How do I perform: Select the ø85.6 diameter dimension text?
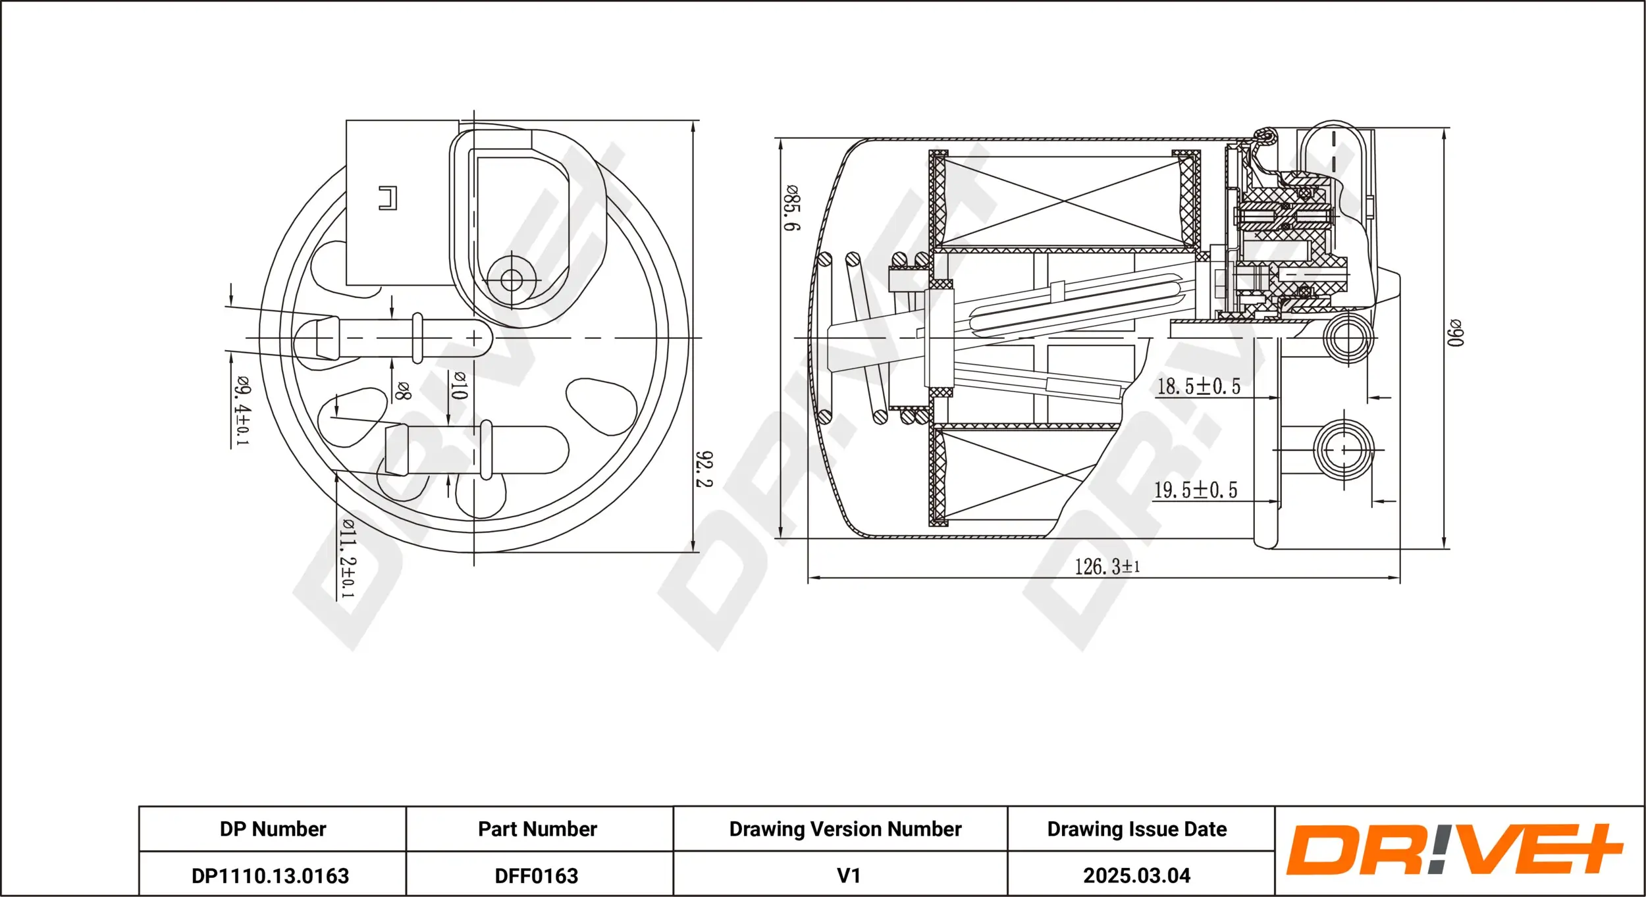[x=791, y=208]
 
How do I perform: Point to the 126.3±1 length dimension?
[x=1107, y=567]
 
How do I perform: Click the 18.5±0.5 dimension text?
[x=1198, y=386]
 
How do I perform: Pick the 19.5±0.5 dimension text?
[x=1196, y=490]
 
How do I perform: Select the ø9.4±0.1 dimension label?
[x=242, y=411]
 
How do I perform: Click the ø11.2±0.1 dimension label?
[x=347, y=558]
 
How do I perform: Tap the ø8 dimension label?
[x=402, y=391]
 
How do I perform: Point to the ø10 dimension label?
[x=459, y=385]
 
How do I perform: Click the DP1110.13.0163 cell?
[x=271, y=876]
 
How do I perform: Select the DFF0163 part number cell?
[x=537, y=876]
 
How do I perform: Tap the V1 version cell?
[x=848, y=876]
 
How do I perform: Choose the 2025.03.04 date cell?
[x=1136, y=876]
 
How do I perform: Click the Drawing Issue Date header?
[x=1136, y=829]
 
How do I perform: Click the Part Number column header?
[x=537, y=829]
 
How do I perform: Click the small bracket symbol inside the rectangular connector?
[x=388, y=198]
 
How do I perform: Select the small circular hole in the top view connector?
[x=511, y=280]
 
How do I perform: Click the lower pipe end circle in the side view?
[x=1344, y=449]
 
